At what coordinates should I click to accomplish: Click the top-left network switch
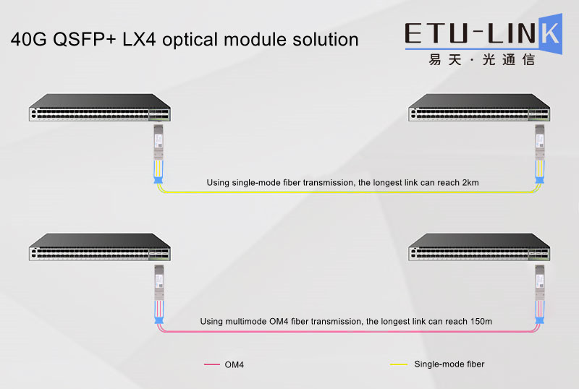point(100,108)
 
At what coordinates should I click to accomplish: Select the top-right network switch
point(479,108)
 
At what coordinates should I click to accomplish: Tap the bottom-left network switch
point(100,247)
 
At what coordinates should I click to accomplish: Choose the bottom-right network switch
point(479,247)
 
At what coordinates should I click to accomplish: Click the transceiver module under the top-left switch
point(159,142)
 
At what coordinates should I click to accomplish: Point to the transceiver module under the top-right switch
point(539,142)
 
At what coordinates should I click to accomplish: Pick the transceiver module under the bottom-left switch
point(159,282)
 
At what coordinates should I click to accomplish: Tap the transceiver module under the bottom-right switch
point(539,282)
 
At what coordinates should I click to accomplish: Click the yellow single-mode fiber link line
point(349,192)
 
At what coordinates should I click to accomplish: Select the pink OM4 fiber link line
point(349,331)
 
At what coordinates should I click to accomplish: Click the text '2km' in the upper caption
point(470,183)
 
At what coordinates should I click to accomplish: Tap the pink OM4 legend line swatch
point(212,364)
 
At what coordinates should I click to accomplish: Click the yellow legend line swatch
point(399,364)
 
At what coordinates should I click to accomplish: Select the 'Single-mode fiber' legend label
point(449,364)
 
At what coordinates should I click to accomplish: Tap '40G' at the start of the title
point(28,40)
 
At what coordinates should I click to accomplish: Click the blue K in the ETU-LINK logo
point(551,34)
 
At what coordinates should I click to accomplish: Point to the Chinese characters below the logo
point(482,60)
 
